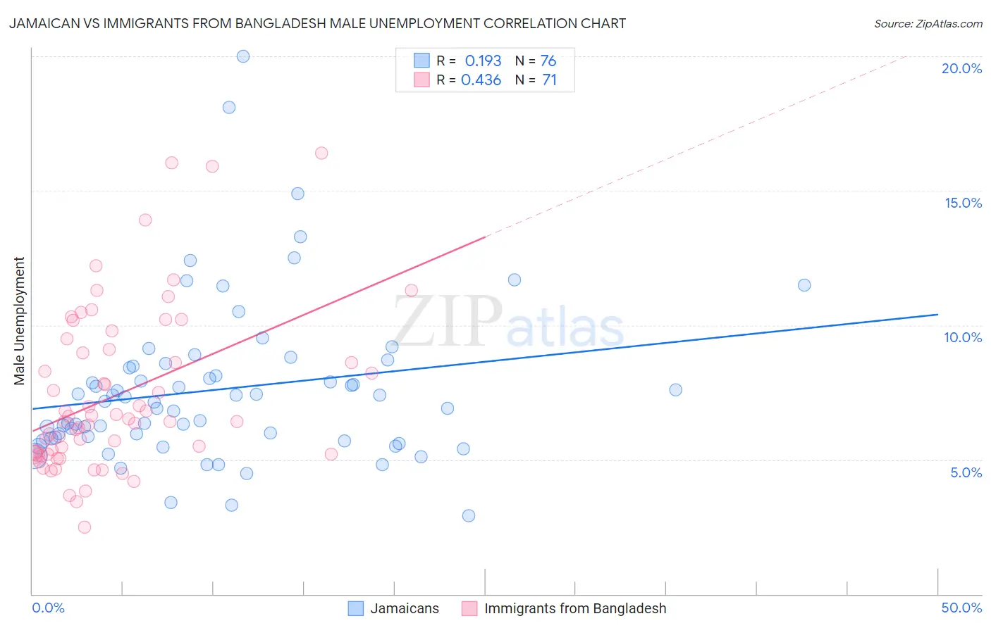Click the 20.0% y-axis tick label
point(961,68)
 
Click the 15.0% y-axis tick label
point(963,203)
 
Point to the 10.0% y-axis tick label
point(963,337)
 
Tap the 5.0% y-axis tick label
point(966,472)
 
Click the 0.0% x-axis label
point(48,608)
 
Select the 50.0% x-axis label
point(961,608)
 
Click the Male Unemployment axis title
point(19,321)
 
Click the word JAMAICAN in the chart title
point(44,23)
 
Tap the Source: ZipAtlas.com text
point(928,23)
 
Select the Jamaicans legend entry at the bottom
point(404,608)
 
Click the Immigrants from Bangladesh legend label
point(574,608)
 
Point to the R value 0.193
point(483,61)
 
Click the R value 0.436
point(481,80)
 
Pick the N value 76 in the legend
point(548,61)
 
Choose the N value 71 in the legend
point(549,80)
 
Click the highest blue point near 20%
point(243,56)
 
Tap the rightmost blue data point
point(804,285)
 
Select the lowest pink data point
point(85,527)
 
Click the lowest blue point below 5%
point(469,515)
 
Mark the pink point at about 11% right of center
point(412,290)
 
